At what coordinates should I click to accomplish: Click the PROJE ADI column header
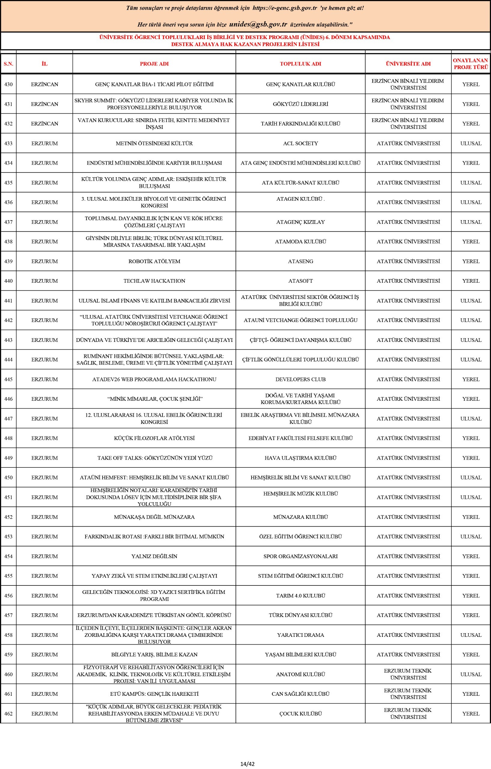click(154, 64)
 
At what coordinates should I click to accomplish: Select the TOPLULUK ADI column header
click(300, 64)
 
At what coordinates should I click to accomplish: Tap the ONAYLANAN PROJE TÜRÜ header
click(471, 64)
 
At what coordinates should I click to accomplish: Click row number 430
click(8, 84)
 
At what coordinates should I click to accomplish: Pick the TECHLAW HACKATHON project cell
click(154, 281)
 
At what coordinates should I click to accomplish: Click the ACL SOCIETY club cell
click(300, 143)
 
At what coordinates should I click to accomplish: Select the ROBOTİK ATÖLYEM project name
click(154, 261)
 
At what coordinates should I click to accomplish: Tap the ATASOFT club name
click(300, 281)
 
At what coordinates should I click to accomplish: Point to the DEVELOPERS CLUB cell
click(300, 379)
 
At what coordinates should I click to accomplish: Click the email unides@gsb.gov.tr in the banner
click(258, 25)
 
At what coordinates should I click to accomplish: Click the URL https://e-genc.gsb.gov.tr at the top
click(285, 8)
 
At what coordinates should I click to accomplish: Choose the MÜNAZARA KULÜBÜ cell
click(300, 517)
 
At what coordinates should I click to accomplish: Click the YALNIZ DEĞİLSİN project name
click(154, 556)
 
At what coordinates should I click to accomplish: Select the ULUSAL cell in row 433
click(471, 143)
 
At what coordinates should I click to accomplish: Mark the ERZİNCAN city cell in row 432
click(44, 123)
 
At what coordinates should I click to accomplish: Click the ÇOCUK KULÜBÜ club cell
click(300, 713)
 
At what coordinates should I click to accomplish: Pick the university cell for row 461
click(408, 694)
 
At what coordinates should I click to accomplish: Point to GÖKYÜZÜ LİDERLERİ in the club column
click(300, 104)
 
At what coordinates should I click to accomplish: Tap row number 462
click(8, 713)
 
